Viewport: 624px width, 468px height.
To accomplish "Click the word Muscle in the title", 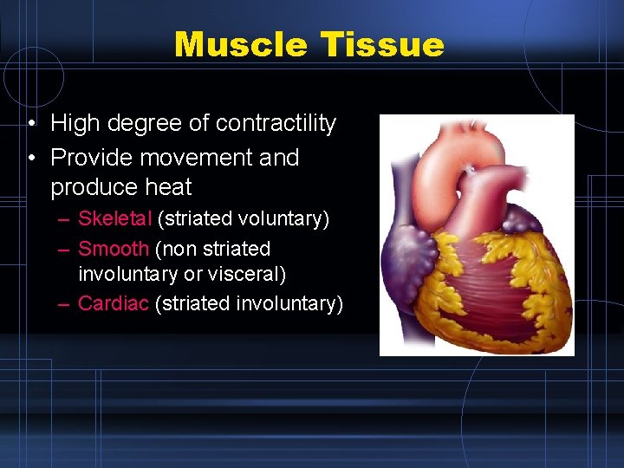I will point(245,44).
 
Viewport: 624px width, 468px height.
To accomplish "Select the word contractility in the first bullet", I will point(276,124).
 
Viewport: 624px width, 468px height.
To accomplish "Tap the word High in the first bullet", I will point(75,124).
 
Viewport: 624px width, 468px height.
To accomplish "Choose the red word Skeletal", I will point(114,219).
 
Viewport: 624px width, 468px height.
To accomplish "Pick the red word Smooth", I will point(114,250).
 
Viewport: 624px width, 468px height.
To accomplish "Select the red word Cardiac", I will point(113,303).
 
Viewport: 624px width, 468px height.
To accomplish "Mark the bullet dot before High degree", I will point(30,125).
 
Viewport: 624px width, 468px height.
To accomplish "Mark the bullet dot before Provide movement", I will point(30,159).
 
